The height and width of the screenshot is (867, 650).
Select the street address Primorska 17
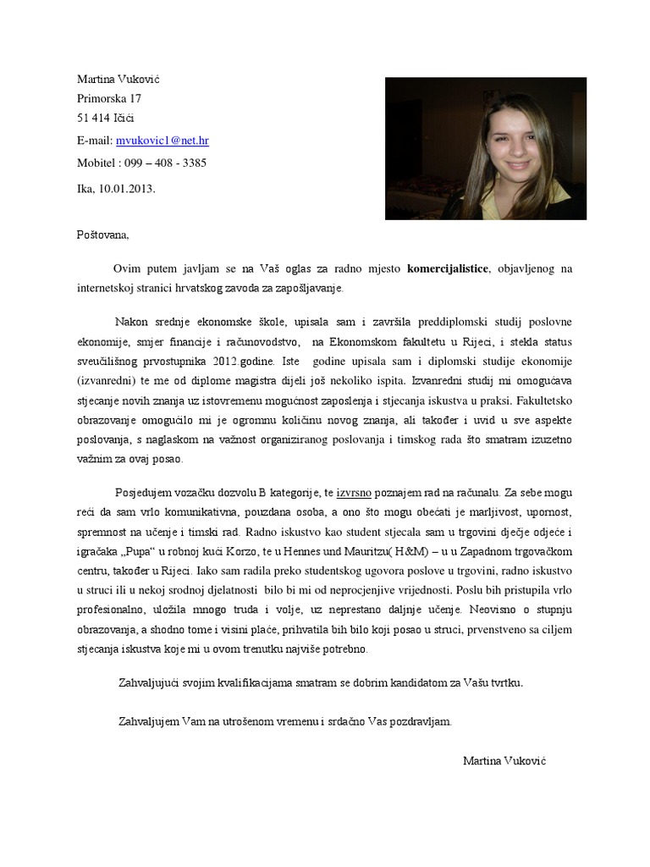(109, 98)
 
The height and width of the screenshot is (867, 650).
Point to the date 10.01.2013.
(127, 189)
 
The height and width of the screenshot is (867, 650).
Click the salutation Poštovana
(103, 235)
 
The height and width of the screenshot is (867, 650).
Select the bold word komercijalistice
(448, 269)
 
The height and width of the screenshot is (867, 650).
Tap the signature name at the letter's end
(504, 760)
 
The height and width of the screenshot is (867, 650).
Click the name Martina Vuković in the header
(118, 79)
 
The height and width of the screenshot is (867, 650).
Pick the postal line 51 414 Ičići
(106, 118)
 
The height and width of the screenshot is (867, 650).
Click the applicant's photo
(485, 148)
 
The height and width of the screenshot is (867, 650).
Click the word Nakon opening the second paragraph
(130, 322)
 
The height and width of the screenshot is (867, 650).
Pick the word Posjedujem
(143, 492)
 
